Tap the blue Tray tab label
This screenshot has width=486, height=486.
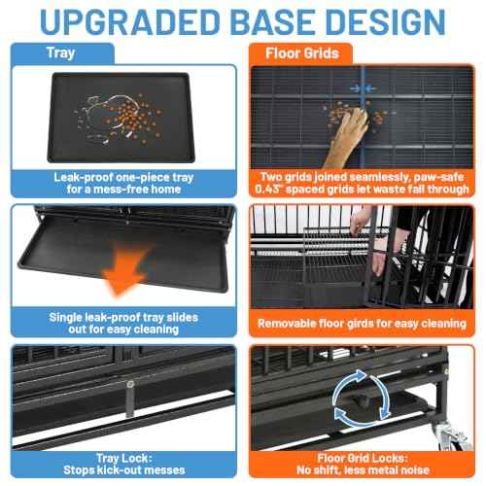click(x=61, y=53)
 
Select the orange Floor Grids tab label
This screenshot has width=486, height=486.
click(x=302, y=53)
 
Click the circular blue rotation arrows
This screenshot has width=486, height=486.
click(x=362, y=399)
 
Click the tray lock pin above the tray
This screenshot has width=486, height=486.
click(x=130, y=399)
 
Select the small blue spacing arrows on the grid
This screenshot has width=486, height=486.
click(x=363, y=88)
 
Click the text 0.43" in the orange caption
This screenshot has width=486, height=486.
click(x=267, y=190)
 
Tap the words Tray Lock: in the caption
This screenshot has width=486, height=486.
click(x=124, y=458)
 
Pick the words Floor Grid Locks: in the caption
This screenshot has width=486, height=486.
click(x=363, y=458)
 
